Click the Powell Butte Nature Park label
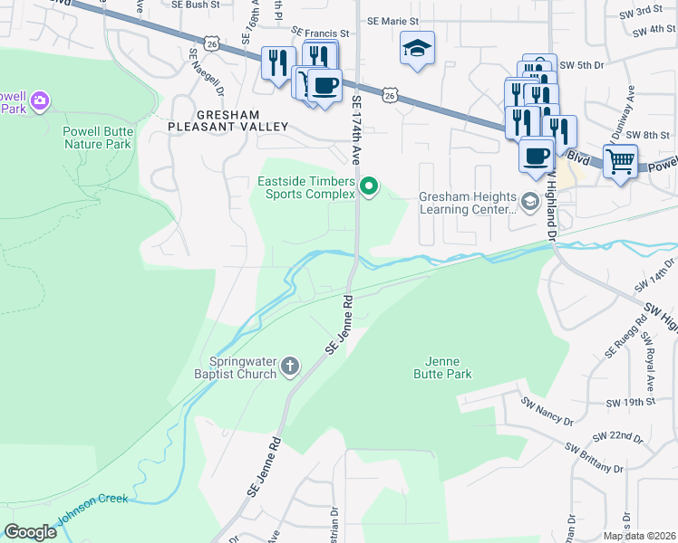(97, 138)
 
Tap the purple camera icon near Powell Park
(39, 101)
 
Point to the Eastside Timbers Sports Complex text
(307, 187)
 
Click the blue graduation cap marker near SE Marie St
(417, 49)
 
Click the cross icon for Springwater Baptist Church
(289, 367)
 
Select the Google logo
(30, 532)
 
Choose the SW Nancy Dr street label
(545, 412)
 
